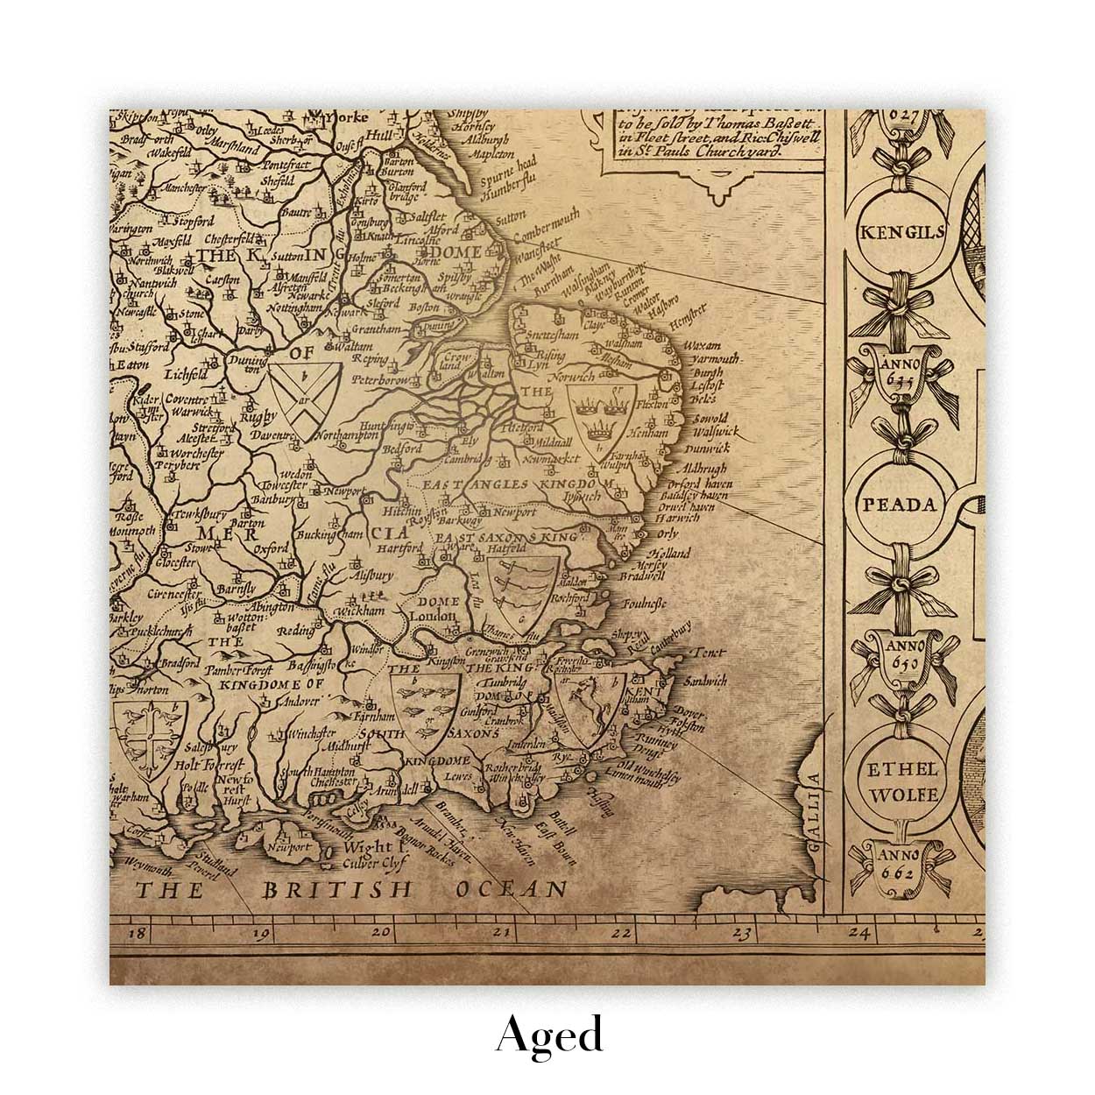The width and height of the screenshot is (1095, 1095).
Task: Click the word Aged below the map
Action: click(x=549, y=1035)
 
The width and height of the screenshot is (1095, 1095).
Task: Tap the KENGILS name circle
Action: click(x=891, y=231)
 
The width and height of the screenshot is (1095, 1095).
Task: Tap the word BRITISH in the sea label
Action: click(x=337, y=891)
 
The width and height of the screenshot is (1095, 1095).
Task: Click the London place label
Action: click(x=434, y=617)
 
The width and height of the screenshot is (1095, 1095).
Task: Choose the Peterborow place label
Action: click(x=381, y=381)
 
